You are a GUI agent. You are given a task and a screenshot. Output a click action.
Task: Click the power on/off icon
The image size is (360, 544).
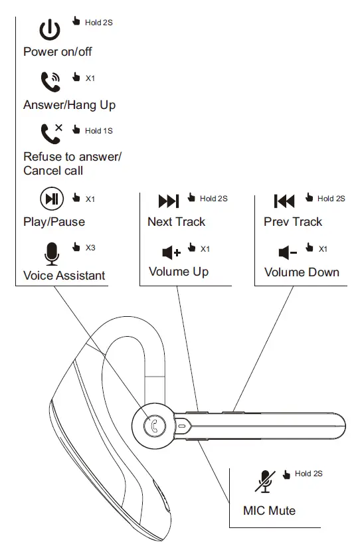point(50,29)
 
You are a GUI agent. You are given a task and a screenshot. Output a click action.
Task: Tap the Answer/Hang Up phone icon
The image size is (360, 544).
point(50,82)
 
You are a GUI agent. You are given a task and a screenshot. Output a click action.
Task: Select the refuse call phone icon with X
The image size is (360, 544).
point(50,133)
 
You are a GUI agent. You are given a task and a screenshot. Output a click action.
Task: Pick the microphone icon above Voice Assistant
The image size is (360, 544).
point(51,252)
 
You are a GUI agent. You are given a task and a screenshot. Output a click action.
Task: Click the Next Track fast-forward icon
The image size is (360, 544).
point(168,201)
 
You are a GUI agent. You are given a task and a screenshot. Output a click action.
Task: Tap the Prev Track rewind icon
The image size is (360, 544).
point(284,201)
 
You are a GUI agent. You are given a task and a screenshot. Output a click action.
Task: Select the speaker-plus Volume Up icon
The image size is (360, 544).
point(171,252)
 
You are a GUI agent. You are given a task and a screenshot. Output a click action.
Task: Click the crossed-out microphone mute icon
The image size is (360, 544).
point(265,480)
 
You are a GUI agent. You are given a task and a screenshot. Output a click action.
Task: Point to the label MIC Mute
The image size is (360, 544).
point(269,511)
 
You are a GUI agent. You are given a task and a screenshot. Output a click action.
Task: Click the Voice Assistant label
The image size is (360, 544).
point(64,275)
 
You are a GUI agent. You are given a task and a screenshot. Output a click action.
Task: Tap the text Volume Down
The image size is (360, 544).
point(302,272)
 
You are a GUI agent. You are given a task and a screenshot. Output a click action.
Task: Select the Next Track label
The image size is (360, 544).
point(176,222)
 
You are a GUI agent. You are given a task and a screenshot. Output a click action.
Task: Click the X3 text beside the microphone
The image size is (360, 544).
point(90,248)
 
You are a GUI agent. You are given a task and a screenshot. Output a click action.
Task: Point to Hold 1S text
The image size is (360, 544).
point(98,131)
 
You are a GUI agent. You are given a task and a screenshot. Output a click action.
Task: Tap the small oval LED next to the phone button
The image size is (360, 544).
point(181,425)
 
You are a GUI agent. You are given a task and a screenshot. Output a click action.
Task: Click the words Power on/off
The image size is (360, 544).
point(58,52)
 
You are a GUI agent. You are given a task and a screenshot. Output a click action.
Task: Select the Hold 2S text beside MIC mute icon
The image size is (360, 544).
point(308,474)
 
